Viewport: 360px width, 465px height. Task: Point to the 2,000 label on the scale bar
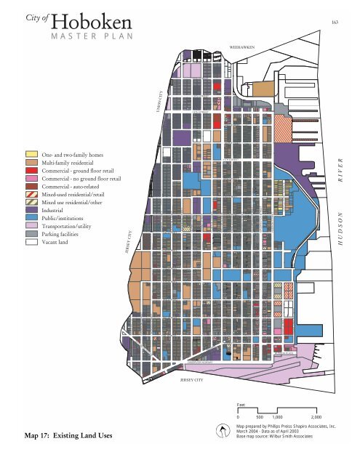coord(316,417)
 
